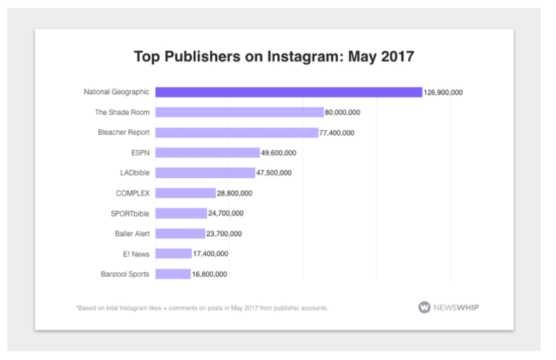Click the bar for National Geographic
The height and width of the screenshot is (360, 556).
pos(288,92)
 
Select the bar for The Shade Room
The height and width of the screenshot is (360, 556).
pos(239,113)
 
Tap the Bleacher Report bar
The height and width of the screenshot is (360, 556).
pos(236,133)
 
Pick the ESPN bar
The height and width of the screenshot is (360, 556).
pos(207,152)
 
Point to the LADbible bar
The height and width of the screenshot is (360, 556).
pos(205,172)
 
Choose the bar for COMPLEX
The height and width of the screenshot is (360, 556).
pos(185,193)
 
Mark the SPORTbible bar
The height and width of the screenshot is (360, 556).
pos(181,213)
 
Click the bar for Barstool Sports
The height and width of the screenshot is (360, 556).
pos(173,274)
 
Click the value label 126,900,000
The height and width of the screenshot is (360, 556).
pos(443,93)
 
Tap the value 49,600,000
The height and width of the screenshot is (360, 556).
pos(280,152)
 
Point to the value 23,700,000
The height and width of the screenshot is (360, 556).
pos(224,234)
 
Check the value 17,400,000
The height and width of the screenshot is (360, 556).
pos(210,254)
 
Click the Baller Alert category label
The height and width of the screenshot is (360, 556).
pos(132,234)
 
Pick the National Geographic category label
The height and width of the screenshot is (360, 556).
pos(117,92)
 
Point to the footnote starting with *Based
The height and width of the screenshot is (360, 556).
pos(201,307)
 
